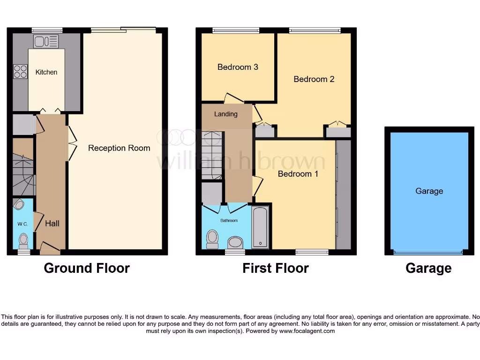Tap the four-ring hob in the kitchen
[20, 71]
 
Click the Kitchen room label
[46, 72]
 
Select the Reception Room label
[119, 148]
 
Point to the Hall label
[52, 224]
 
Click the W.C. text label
[22, 224]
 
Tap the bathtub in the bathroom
[260, 227]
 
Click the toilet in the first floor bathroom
[212, 239]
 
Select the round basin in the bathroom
[235, 242]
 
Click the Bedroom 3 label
[238, 67]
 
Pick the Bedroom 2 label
[314, 79]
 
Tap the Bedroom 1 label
[298, 174]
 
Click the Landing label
[226, 114]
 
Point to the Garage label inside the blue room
[429, 191]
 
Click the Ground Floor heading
[87, 268]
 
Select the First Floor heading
[276, 268]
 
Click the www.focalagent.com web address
[307, 331]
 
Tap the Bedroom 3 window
[229, 31]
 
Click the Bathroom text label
[229, 220]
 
